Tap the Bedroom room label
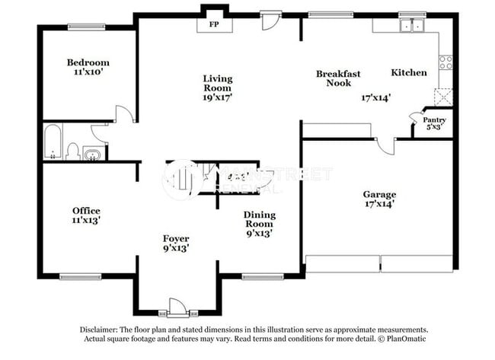(88, 62)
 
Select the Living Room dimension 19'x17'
(217, 97)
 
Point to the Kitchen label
(409, 72)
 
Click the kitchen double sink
(412, 27)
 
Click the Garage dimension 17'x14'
(378, 204)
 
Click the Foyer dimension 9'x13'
(176, 247)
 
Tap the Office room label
(86, 211)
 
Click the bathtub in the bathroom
(53, 142)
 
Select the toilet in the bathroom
(72, 151)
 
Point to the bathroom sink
(91, 155)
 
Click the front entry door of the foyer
(176, 307)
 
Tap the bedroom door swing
(124, 114)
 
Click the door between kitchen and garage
(386, 145)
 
